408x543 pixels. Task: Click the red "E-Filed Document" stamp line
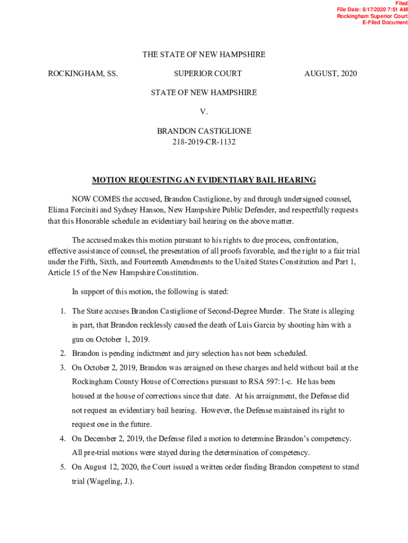click(385, 23)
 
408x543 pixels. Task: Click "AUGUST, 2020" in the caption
click(331, 73)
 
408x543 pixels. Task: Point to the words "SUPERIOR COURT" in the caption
click(208, 73)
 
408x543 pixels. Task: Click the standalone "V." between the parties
click(204, 111)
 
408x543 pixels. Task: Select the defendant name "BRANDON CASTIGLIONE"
click(204, 130)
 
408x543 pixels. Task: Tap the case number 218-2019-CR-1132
click(204, 142)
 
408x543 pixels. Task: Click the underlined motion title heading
click(204, 180)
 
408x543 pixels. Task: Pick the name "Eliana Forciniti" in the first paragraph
click(72, 210)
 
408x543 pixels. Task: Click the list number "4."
click(62, 439)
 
